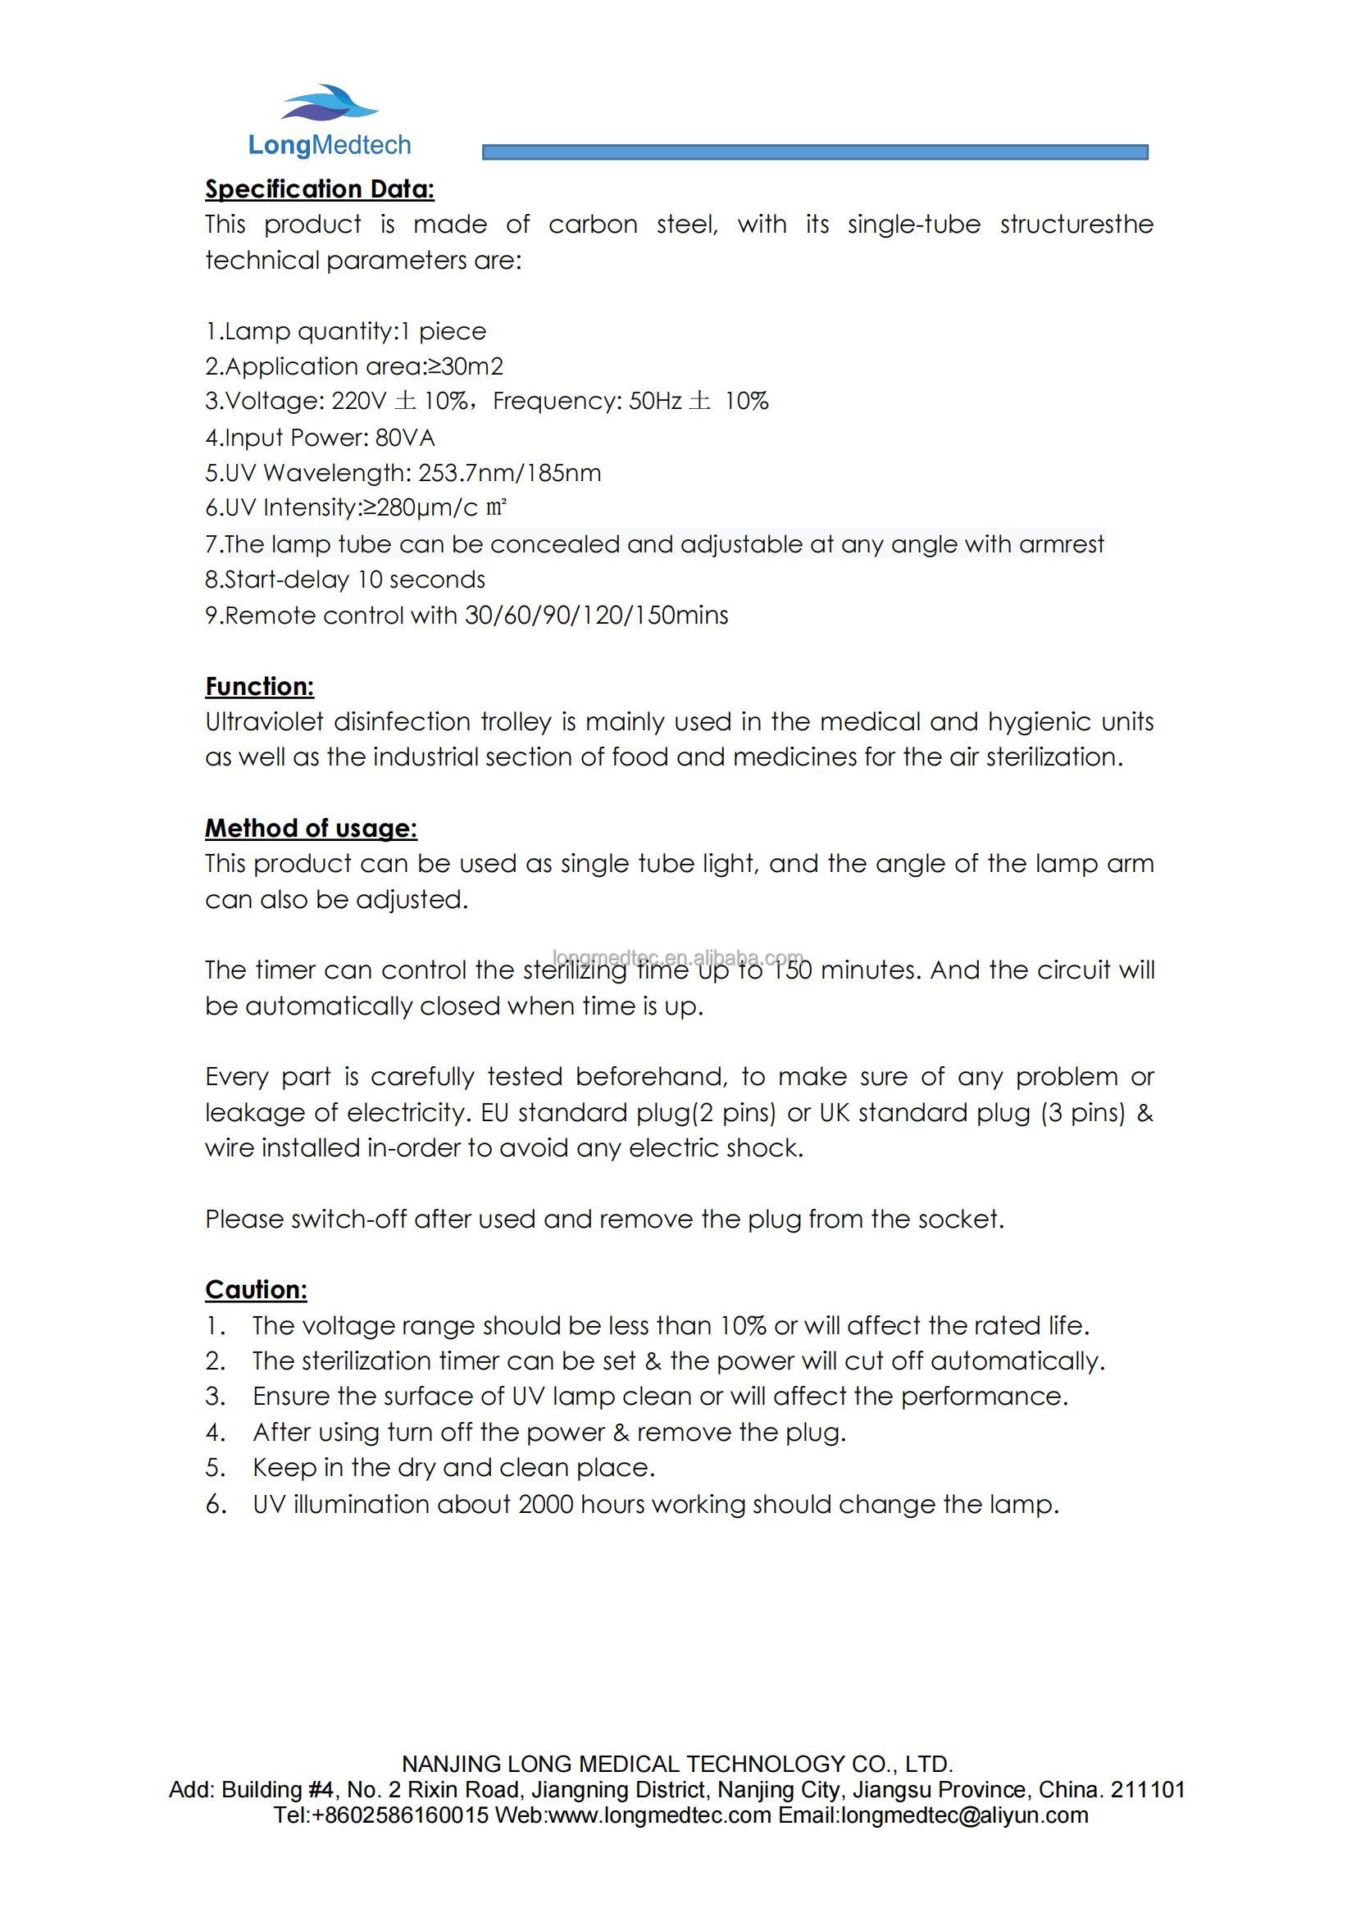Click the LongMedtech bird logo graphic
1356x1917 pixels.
pos(329,105)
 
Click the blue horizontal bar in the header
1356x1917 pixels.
pos(814,152)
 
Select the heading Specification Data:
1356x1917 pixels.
pos(320,189)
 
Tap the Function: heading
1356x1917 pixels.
pos(260,686)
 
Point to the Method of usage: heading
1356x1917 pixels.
pos(311,829)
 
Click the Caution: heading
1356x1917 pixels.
pos(257,1290)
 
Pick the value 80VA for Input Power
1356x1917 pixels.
pos(405,438)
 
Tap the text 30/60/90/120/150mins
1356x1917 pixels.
pos(596,616)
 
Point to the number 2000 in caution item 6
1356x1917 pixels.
pos(545,1504)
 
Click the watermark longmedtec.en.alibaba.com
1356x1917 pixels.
pos(677,956)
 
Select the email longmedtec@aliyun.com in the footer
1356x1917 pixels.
pos(964,1815)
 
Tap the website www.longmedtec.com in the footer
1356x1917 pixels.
pos(660,1815)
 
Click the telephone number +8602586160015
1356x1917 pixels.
pos(399,1815)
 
